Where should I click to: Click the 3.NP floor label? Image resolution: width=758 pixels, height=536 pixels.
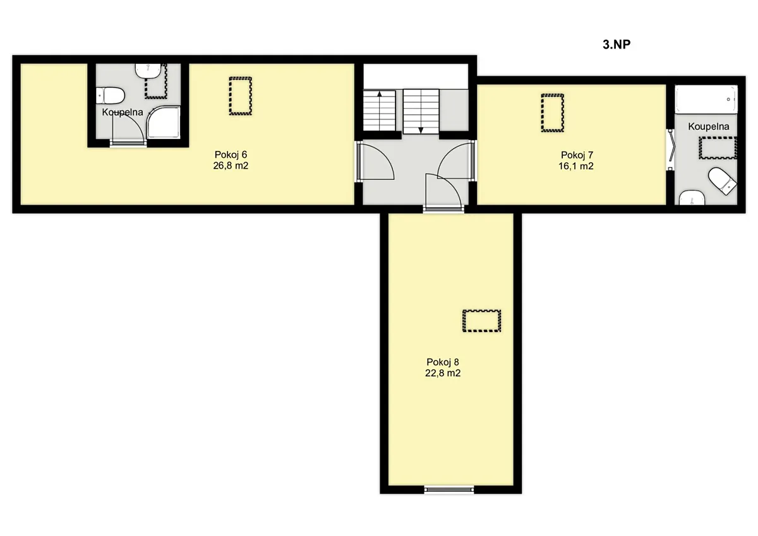[x=617, y=44]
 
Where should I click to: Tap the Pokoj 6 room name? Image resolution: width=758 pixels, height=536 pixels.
[x=231, y=155]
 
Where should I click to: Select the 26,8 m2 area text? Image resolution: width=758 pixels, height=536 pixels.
[x=231, y=165]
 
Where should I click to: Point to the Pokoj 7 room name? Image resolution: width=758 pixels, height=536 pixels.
[x=577, y=155]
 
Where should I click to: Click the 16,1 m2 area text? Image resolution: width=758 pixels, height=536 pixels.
[x=576, y=166]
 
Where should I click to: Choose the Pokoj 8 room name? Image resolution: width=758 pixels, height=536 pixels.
[x=443, y=362]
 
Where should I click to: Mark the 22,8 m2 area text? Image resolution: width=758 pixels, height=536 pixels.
[x=443, y=373]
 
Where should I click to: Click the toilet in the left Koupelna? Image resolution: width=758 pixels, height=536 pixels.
[x=110, y=95]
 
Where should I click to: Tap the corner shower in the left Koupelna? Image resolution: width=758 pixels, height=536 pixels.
[x=164, y=122]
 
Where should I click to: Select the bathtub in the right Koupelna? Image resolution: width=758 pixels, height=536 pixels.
[x=706, y=99]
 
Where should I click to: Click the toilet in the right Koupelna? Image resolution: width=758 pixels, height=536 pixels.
[x=723, y=181]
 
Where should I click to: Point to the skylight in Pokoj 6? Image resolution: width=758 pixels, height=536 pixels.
[x=240, y=96]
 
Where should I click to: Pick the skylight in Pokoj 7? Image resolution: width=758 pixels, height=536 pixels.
[x=552, y=113]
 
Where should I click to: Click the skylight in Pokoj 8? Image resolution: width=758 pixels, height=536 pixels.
[x=481, y=321]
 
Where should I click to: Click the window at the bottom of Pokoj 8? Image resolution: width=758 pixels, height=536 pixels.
[x=449, y=489]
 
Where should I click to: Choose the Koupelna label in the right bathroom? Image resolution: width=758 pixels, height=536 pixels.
[x=709, y=126]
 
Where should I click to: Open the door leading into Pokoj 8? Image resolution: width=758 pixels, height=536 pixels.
[x=443, y=192]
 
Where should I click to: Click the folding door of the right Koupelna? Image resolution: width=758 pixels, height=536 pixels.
[x=671, y=149]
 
